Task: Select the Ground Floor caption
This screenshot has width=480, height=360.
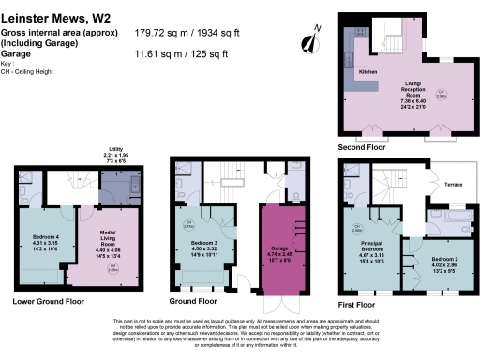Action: click(193, 302)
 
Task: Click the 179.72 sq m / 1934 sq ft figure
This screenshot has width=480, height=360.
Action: click(198, 31)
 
